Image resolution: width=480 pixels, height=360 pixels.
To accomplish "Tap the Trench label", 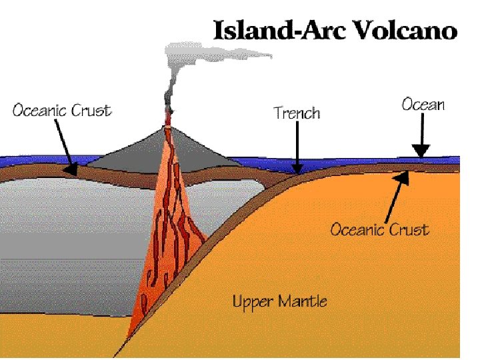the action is click(297, 113).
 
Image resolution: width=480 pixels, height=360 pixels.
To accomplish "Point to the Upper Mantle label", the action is click(279, 301).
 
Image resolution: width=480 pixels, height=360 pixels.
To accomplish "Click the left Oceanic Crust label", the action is click(62, 110).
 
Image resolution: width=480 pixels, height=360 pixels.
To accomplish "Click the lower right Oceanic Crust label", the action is click(379, 230).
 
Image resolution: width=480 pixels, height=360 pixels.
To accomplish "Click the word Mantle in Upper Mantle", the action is click(303, 301).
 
